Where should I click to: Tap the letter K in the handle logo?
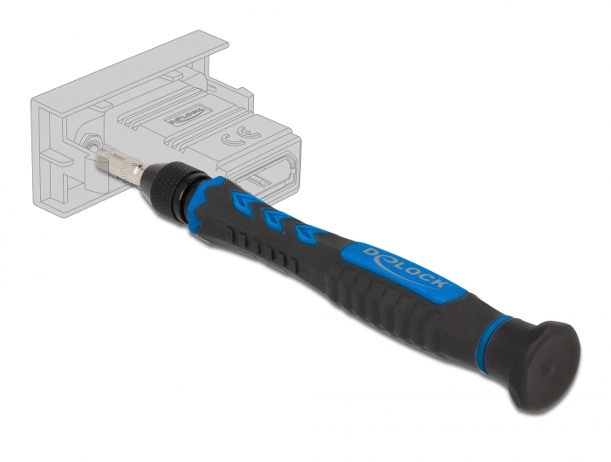[440, 287]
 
